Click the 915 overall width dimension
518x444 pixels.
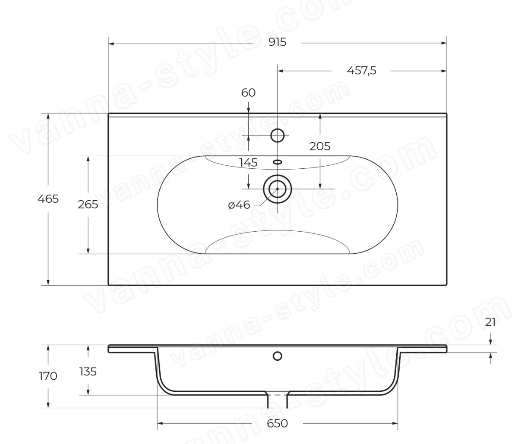[277, 42]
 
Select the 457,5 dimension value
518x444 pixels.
[362, 71]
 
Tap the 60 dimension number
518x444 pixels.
[248, 93]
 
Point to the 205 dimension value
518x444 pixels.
[320, 146]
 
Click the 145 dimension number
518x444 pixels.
[248, 163]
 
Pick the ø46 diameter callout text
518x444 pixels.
[239, 205]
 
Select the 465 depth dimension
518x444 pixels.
[48, 199]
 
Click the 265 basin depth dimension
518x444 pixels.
[88, 205]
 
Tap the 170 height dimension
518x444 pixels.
[48, 376]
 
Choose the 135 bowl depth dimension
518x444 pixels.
[88, 372]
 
